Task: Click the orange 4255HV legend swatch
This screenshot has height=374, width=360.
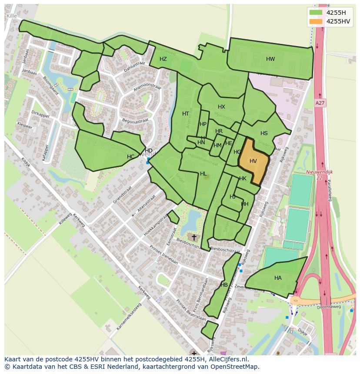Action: (x=316, y=21)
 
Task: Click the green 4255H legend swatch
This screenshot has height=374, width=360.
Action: (x=316, y=13)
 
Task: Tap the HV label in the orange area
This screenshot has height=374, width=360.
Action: (x=253, y=161)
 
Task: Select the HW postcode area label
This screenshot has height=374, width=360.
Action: (x=270, y=59)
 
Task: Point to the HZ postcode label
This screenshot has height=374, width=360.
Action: (x=163, y=59)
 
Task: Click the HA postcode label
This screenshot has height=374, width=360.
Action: (x=278, y=278)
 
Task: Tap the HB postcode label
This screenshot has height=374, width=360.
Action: (x=224, y=285)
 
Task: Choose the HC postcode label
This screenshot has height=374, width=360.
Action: (x=130, y=157)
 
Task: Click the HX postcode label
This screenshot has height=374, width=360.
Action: (x=221, y=107)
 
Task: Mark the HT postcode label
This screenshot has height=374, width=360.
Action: (x=186, y=114)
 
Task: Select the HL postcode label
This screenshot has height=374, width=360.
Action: (x=203, y=174)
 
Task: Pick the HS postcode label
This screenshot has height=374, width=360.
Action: (x=264, y=133)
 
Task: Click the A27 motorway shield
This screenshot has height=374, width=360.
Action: (x=320, y=103)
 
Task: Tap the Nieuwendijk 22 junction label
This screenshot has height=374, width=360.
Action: (x=319, y=175)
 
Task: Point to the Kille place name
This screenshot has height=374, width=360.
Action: (x=12, y=16)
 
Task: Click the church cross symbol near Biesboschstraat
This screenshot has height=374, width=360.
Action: (x=194, y=237)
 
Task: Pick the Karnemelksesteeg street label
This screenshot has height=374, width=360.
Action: (x=129, y=316)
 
